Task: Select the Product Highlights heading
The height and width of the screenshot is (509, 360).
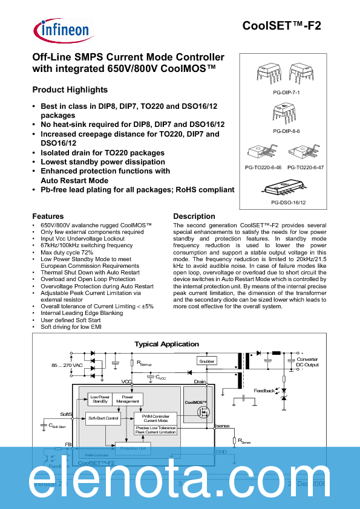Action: pyautogui.click(x=70, y=89)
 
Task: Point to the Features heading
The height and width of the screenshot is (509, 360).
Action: pyautogui.click(x=48, y=216)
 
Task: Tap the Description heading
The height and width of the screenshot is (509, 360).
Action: pyautogui.click(x=194, y=216)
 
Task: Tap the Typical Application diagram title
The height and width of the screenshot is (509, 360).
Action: pyautogui.click(x=166, y=344)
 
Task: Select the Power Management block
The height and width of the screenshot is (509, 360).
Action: pyautogui.click(x=127, y=399)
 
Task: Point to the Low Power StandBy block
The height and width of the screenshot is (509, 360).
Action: pyautogui.click(x=99, y=399)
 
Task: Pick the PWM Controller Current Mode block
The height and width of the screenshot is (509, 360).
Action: pyautogui.click(x=155, y=418)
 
